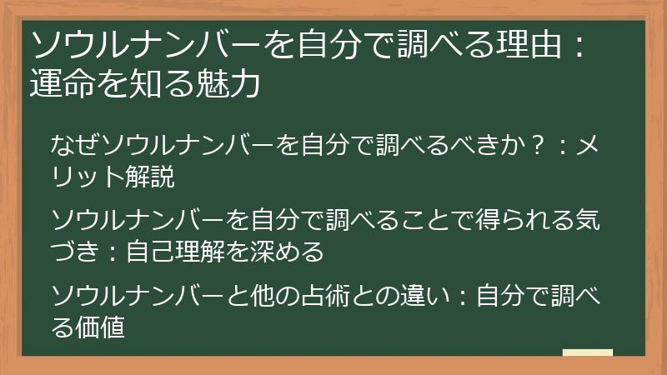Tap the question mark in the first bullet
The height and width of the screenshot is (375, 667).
click(x=538, y=145)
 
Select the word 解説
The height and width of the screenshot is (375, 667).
click(x=150, y=177)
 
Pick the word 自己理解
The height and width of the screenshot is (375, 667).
click(x=175, y=252)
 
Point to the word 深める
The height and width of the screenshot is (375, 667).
click(x=274, y=252)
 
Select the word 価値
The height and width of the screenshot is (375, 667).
click(x=100, y=327)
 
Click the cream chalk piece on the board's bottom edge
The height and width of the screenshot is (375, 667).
click(x=588, y=352)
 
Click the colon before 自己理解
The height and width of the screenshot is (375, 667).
click(x=113, y=252)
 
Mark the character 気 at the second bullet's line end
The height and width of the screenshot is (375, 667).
click(x=587, y=220)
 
